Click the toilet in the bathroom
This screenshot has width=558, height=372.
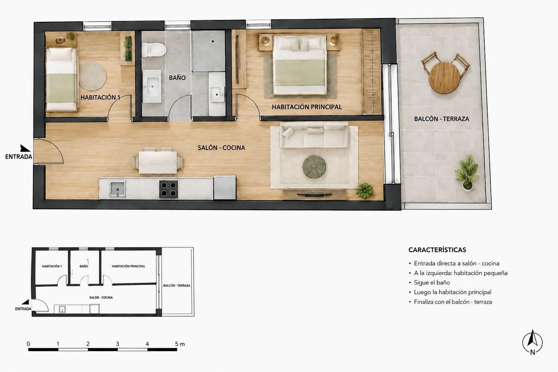click(x=154, y=49)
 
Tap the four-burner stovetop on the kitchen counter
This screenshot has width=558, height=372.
click(x=169, y=189)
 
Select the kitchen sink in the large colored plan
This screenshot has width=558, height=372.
click(x=118, y=189)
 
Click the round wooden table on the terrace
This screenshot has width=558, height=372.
click(x=444, y=78)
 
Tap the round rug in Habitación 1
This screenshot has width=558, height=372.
click(x=93, y=76)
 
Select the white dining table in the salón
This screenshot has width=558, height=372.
click(x=158, y=162)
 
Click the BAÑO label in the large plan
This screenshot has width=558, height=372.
click(x=177, y=78)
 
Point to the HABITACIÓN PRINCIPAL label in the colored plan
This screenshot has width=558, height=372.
click(x=307, y=107)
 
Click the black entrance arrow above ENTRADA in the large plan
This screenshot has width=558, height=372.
click(x=25, y=148)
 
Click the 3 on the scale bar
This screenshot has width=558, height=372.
click(x=118, y=344)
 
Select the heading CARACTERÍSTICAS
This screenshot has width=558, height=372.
click(x=437, y=250)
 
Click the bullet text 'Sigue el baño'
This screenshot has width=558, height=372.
click(x=432, y=282)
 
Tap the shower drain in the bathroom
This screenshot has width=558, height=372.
click(x=213, y=42)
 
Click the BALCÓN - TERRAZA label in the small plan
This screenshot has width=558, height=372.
click(x=177, y=286)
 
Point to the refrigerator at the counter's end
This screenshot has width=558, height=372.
click(x=225, y=187)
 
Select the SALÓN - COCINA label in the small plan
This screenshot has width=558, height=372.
click(x=101, y=298)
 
